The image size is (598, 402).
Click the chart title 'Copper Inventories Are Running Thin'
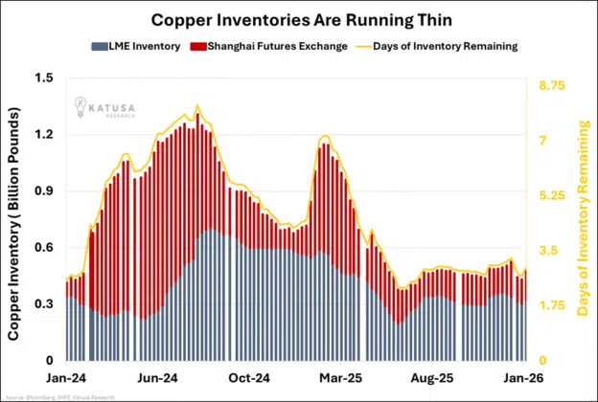pos(298,19)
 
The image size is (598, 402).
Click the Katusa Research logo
pos(101,108)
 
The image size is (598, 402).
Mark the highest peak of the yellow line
pos(197,105)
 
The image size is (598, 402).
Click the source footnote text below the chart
pos(60,396)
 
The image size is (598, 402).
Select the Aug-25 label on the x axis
pos(433,378)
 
